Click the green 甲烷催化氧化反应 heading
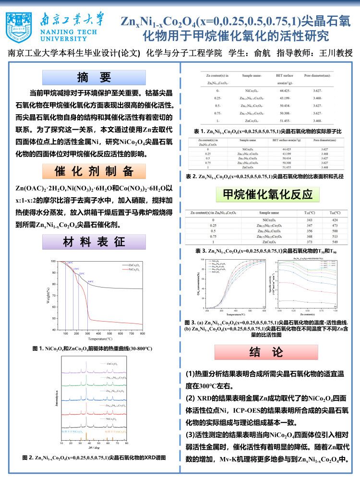268,194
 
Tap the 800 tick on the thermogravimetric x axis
142,333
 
